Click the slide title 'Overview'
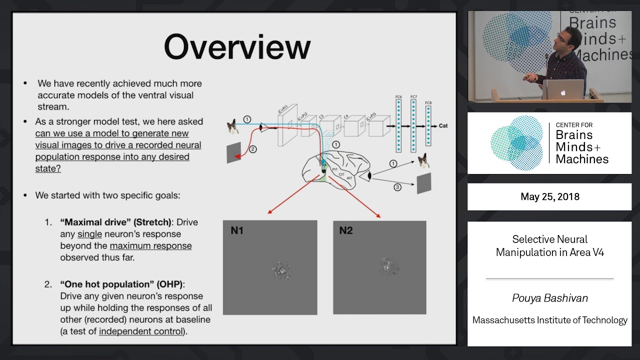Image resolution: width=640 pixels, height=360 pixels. pos(237,47)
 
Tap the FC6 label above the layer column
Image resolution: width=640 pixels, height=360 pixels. pos(398,96)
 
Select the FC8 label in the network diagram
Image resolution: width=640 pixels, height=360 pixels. pos(428,103)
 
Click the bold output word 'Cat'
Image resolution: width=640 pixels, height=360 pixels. pos(443,126)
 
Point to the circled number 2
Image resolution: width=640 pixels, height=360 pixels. pos(252,149)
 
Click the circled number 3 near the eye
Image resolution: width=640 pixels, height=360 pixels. pos(397,187)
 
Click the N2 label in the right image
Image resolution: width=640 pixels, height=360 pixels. pos(346,230)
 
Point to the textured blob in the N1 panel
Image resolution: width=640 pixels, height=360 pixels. pos(280,270)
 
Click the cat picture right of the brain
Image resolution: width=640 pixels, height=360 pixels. pos(424,161)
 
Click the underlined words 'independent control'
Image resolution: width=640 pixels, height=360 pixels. pos(141,331)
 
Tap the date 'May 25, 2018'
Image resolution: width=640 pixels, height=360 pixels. pos(550,196)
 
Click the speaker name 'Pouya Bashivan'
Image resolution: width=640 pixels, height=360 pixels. pos(550,298)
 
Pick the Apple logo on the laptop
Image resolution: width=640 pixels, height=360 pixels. pos(563,92)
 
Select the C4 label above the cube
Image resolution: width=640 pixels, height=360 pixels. pos(345,116)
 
